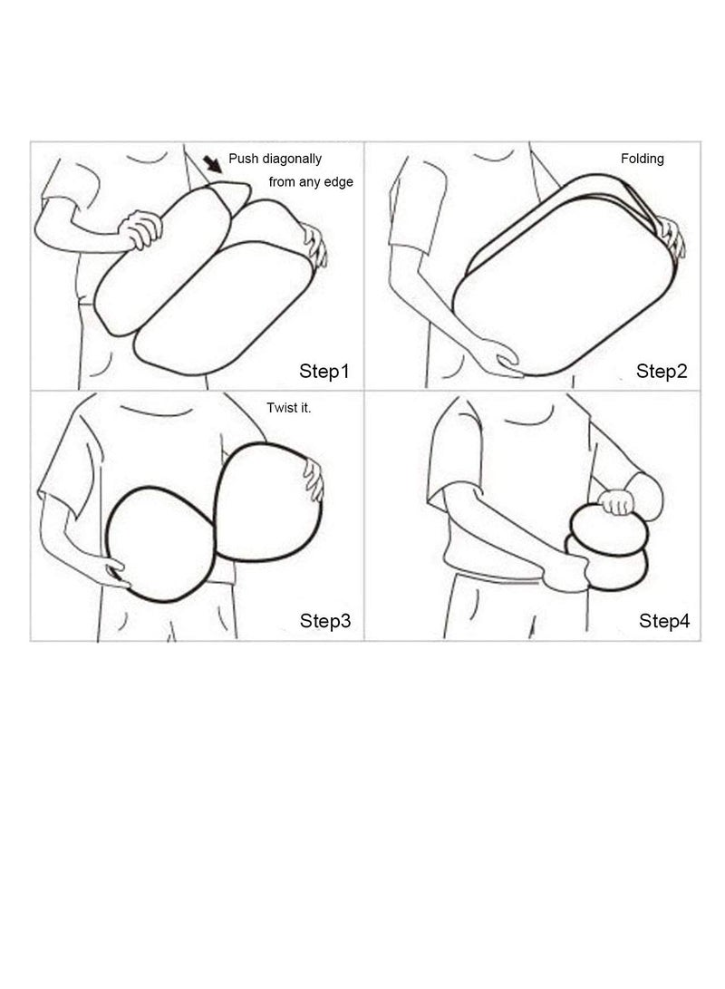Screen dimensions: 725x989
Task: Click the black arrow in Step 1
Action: coord(212,164)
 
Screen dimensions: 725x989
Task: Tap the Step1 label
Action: coord(324,372)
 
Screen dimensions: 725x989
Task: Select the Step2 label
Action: coord(662,371)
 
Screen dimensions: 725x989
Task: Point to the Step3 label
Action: coord(325,621)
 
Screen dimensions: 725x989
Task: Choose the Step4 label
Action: coord(664,621)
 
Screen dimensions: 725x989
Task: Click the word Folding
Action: coord(643,159)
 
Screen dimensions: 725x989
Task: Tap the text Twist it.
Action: coord(289,408)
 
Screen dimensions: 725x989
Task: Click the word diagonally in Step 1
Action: coord(292,159)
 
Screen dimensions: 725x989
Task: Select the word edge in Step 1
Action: coord(339,182)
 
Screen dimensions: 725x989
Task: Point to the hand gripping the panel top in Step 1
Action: coord(140,229)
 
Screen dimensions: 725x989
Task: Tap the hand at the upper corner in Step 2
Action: coord(671,237)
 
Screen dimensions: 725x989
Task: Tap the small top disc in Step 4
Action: coord(609,530)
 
